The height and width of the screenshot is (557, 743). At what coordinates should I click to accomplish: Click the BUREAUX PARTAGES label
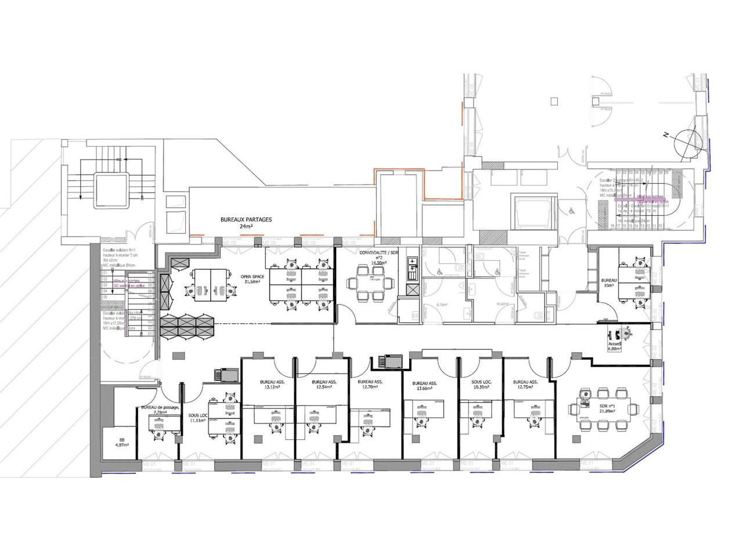(246, 220)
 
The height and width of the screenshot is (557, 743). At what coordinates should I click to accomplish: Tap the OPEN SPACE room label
(253, 277)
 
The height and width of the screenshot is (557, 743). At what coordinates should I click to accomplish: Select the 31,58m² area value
(253, 283)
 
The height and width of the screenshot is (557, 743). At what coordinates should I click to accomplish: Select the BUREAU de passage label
(160, 407)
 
